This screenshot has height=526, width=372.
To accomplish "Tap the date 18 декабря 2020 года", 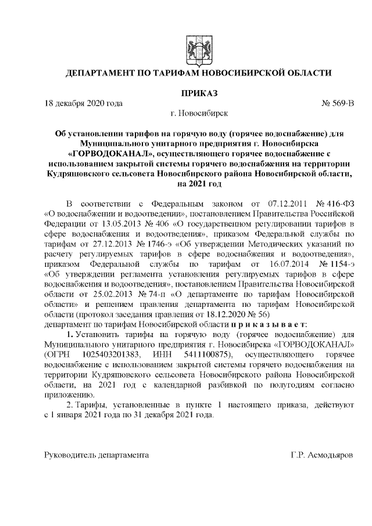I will coord(84,103).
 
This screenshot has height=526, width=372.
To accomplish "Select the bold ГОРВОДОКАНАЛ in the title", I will coord(116,153).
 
